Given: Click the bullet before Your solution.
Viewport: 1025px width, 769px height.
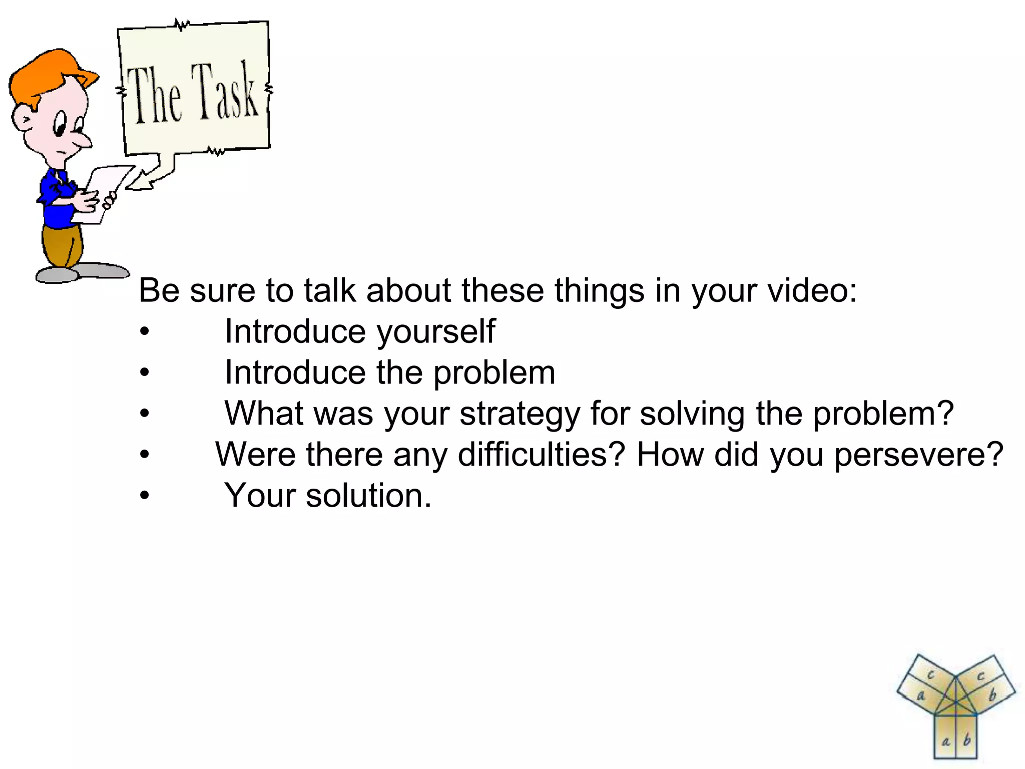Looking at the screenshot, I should coord(145,496).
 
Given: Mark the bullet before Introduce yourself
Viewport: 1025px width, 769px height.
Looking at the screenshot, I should coord(145,331).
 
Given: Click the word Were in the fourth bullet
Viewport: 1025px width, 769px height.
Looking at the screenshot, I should coord(256,455).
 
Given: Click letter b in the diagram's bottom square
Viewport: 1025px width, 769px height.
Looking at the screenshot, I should coord(967,739).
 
